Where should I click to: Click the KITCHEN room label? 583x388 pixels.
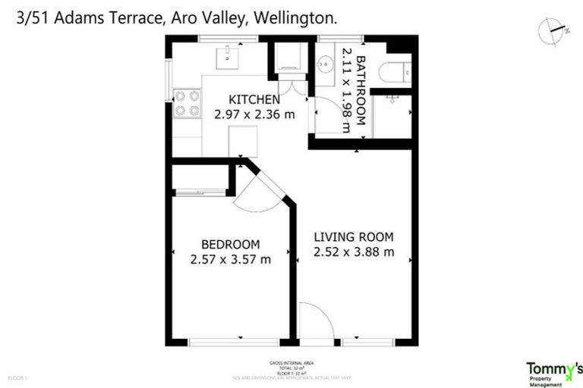(254, 99)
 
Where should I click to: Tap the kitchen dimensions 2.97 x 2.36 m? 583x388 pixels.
(254, 115)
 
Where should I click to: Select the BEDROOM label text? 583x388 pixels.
(230, 244)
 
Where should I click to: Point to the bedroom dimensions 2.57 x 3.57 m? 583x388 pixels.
(230, 260)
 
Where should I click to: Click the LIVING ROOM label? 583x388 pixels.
(354, 236)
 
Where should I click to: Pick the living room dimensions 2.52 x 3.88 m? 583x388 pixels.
(354, 252)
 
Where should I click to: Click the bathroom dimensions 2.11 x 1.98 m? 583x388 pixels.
(346, 90)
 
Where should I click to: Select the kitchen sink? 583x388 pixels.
(225, 55)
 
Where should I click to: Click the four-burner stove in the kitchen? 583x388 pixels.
(187, 104)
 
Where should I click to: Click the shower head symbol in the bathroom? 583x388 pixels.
(392, 99)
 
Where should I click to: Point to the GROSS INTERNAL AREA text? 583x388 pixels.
(291, 364)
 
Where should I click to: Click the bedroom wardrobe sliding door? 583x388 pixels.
(200, 193)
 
